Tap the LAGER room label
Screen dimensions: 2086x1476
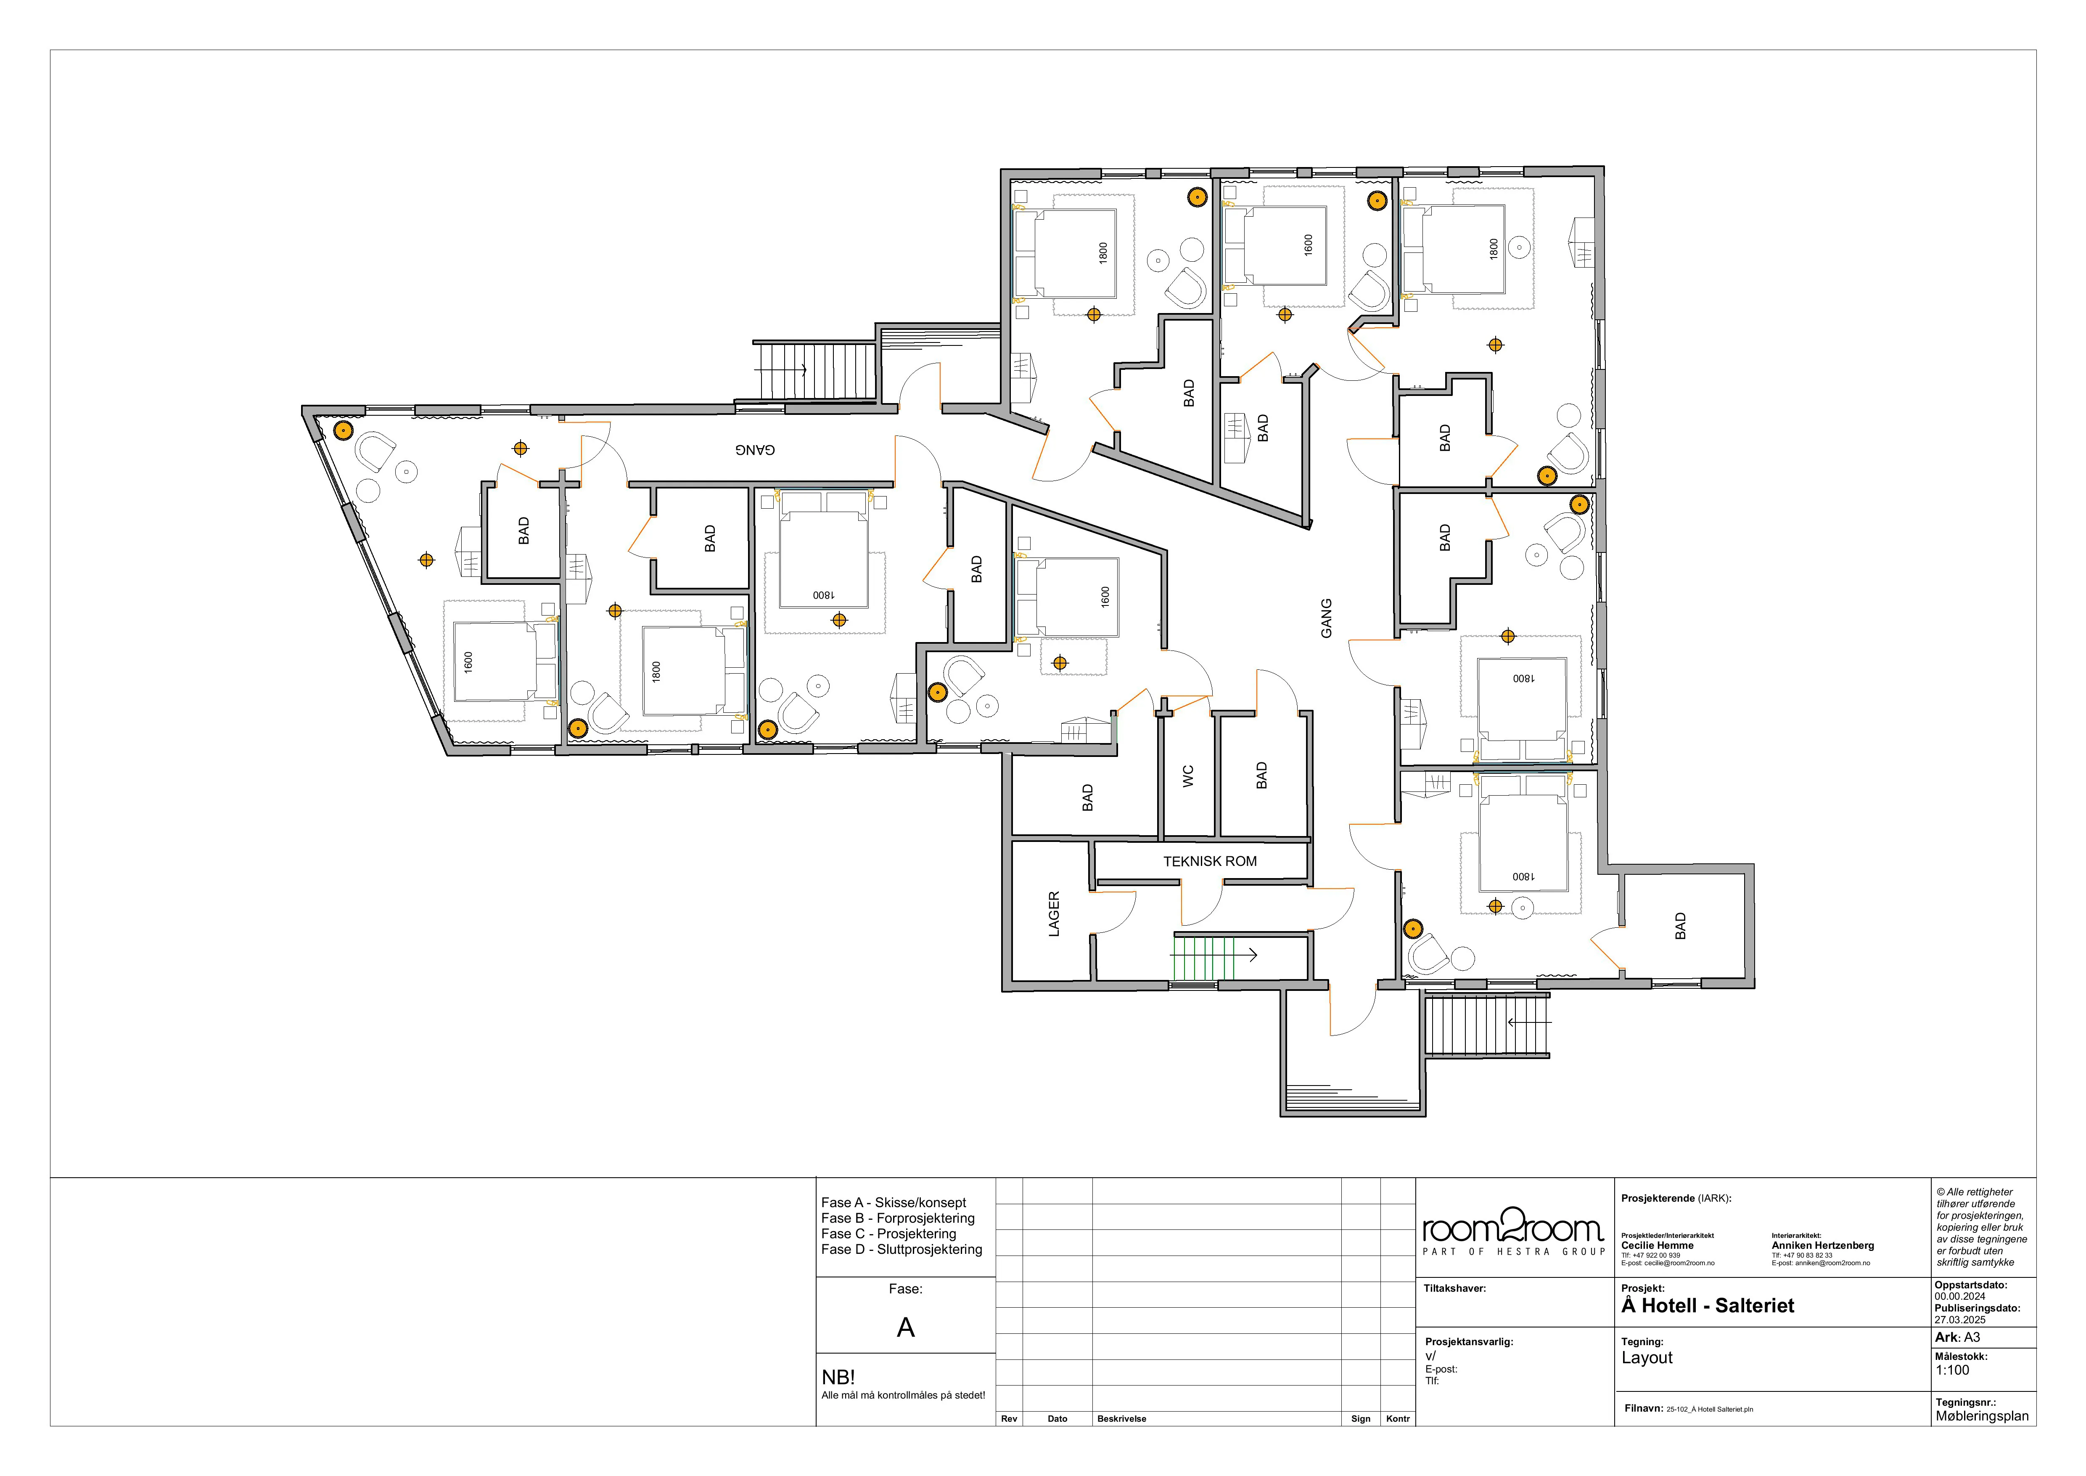[1054, 913]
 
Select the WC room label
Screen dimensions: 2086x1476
[1187, 775]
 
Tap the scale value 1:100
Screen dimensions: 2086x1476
[1952, 1370]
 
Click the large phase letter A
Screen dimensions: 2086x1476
[906, 1328]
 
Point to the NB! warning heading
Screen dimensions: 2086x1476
[838, 1377]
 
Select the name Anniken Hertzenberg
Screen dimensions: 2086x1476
[1822, 1246]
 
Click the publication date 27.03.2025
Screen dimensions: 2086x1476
[1960, 1319]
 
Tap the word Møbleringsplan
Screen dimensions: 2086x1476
[1982, 1416]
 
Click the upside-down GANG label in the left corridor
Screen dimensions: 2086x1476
[755, 450]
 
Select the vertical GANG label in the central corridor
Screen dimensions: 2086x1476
[1327, 618]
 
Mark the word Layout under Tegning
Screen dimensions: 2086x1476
[1647, 1358]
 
